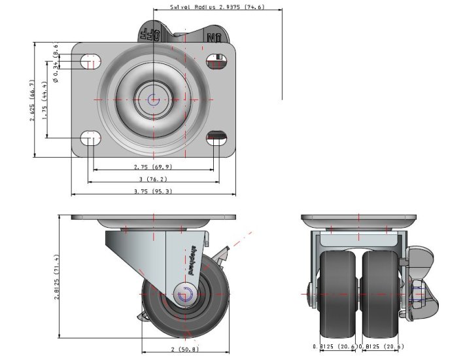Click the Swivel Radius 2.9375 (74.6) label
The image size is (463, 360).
(208, 7)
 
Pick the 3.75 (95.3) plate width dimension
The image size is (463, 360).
(153, 191)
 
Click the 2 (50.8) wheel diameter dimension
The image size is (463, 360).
(185, 349)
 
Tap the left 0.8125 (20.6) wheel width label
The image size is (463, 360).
(335, 346)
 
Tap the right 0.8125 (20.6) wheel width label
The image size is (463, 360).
(381, 346)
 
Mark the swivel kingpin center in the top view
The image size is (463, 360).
(153, 99)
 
